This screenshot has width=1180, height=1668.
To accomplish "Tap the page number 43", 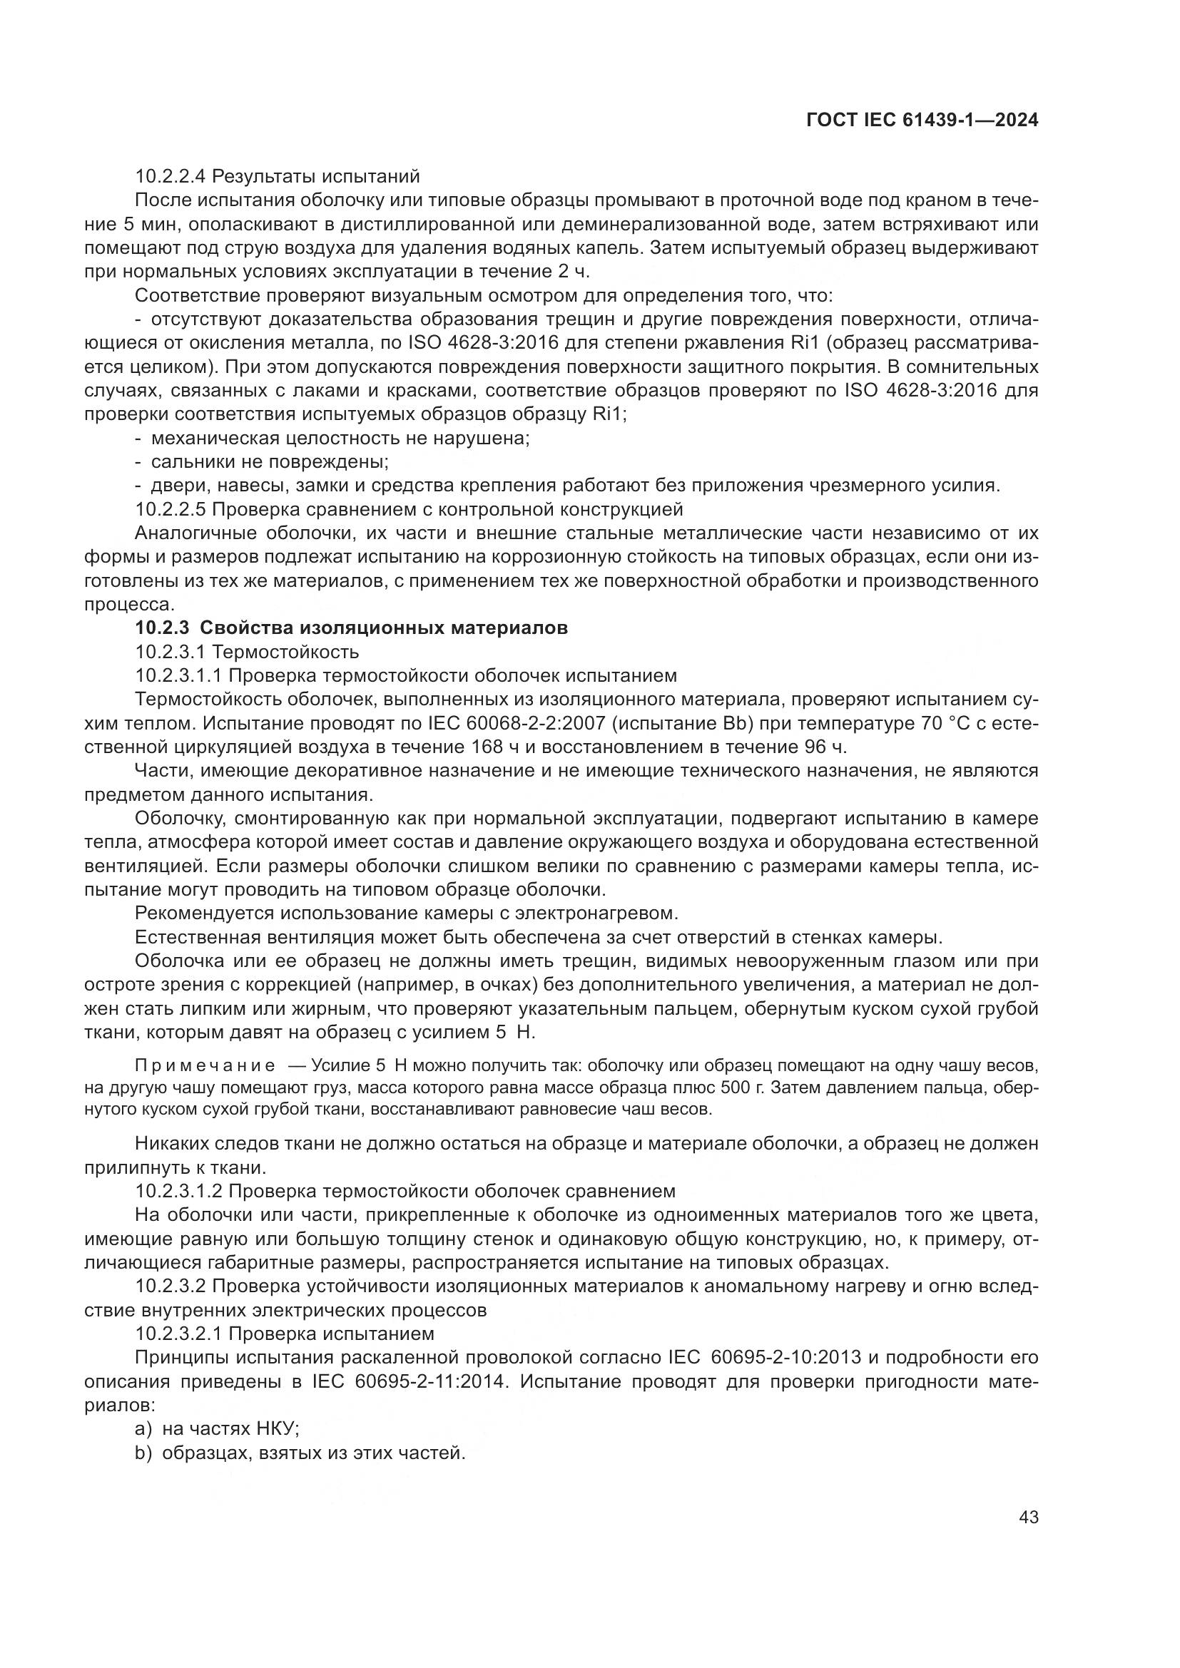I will (1028, 1517).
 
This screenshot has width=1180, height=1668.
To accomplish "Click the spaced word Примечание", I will (205, 1065).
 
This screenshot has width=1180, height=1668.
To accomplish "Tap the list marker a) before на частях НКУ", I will (143, 1428).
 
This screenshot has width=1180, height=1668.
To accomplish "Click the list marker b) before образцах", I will (143, 1452).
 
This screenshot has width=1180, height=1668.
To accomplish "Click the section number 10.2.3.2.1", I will (179, 1333).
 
